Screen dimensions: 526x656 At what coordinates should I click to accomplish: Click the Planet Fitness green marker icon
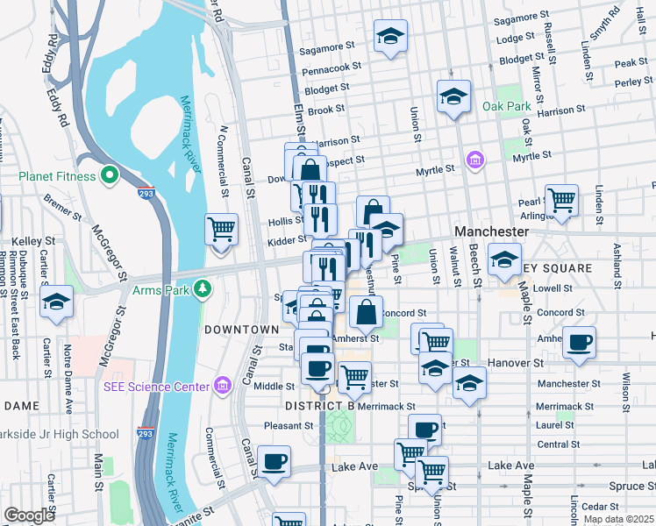click(x=110, y=176)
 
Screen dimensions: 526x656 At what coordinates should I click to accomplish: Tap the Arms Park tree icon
click(x=203, y=288)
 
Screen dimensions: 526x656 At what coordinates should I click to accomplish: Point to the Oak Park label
click(x=506, y=106)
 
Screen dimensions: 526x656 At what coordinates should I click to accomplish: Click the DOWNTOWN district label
click(x=241, y=330)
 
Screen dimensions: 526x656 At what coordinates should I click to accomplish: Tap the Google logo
click(x=29, y=515)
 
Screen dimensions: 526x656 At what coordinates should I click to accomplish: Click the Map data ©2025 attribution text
click(x=618, y=519)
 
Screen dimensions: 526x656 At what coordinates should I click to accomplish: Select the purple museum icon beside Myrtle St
click(x=475, y=160)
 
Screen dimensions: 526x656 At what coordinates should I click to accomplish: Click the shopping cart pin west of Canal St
click(x=222, y=230)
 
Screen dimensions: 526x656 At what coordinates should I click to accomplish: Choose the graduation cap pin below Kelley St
click(x=57, y=302)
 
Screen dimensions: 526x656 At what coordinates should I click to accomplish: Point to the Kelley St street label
click(x=34, y=240)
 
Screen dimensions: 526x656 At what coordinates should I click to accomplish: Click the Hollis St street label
click(x=287, y=220)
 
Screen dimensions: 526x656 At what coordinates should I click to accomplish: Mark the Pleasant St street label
click(x=289, y=425)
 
